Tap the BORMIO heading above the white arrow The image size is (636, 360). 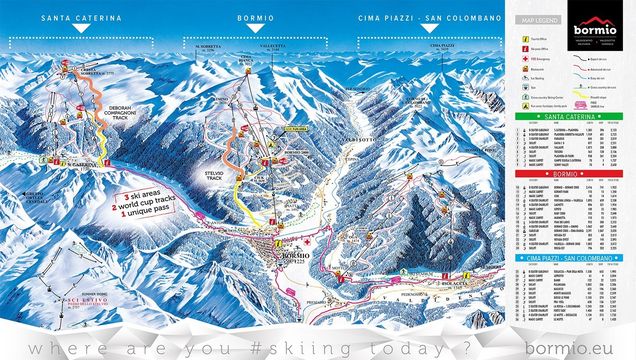pos(257,18)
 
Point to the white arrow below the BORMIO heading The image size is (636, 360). pos(257,41)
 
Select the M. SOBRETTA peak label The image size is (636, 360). pos(208,47)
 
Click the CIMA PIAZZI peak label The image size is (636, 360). pos(442,46)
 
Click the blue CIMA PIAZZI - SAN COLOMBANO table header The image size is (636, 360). pos(570,257)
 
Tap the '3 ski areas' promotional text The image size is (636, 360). pos(143,195)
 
